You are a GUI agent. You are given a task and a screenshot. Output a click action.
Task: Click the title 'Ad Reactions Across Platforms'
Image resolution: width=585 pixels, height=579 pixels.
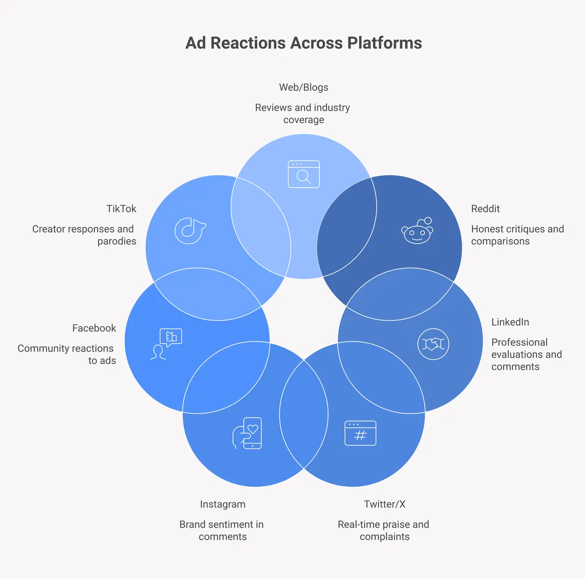pyautogui.click(x=303, y=43)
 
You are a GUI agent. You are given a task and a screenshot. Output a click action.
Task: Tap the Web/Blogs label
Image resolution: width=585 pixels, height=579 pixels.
pyautogui.click(x=303, y=87)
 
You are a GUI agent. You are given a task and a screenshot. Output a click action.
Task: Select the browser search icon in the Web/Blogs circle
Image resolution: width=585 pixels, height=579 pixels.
pyautogui.click(x=303, y=174)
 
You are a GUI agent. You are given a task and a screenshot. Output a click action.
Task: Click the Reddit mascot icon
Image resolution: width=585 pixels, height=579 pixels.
pyautogui.click(x=417, y=231)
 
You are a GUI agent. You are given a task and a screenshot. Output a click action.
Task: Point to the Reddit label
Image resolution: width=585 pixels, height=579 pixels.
pyautogui.click(x=485, y=209)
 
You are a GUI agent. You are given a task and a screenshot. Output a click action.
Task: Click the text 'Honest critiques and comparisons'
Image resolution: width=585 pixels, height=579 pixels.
pyautogui.click(x=517, y=235)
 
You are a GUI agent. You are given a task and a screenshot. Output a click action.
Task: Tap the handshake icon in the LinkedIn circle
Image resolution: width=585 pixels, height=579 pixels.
pyautogui.click(x=433, y=344)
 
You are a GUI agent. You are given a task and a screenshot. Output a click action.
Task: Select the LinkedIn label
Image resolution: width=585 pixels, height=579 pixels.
pyautogui.click(x=510, y=322)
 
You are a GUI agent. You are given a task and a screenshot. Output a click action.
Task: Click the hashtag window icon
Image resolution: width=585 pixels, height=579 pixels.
pyautogui.click(x=360, y=433)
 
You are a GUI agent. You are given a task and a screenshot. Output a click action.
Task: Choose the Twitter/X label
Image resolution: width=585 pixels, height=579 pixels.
pyautogui.click(x=384, y=504)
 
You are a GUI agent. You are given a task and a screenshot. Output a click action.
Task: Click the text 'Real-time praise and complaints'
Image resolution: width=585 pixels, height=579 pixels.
pyautogui.click(x=384, y=530)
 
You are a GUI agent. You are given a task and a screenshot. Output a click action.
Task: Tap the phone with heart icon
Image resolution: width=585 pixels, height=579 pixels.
pyautogui.click(x=248, y=433)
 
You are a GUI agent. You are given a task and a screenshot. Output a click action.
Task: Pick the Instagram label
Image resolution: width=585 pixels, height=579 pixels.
pyautogui.click(x=222, y=504)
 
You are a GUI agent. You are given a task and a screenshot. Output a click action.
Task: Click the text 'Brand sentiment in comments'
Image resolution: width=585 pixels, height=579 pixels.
pyautogui.click(x=222, y=530)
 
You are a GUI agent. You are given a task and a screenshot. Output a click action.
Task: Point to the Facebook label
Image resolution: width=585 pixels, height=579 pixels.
pyautogui.click(x=94, y=328)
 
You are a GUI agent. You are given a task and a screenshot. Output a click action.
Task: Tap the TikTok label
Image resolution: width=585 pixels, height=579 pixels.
pyautogui.click(x=121, y=209)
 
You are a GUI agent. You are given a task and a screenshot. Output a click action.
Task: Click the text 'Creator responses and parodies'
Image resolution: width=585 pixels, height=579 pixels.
pyautogui.click(x=84, y=235)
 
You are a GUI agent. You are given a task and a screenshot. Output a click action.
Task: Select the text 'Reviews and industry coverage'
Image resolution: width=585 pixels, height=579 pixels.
pyautogui.click(x=303, y=114)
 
